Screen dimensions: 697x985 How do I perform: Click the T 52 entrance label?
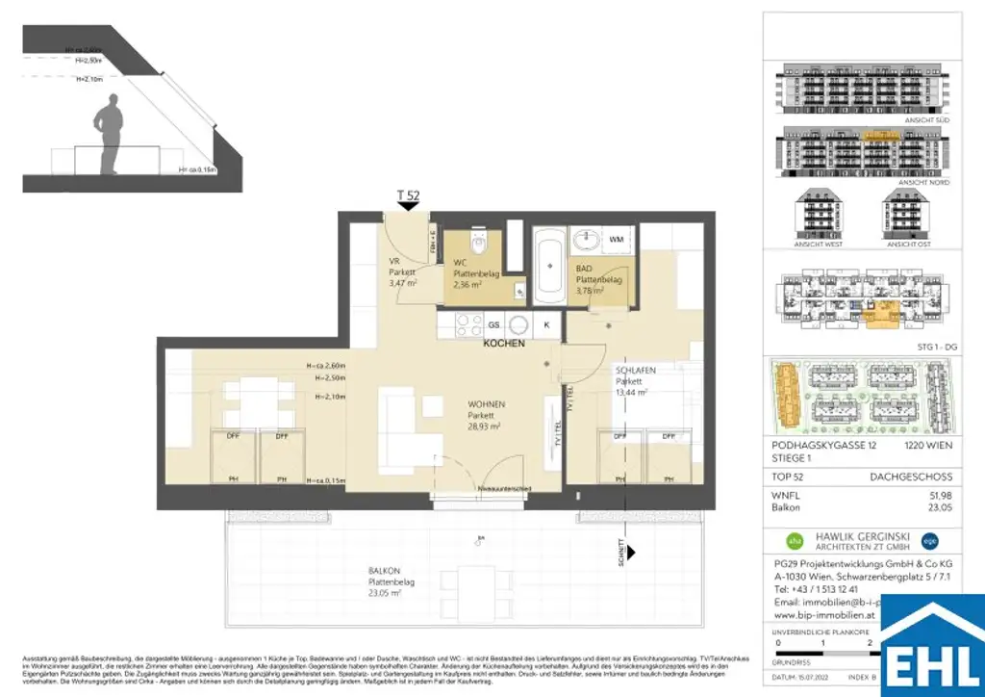pos(408,195)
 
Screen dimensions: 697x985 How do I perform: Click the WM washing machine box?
pos(616,238)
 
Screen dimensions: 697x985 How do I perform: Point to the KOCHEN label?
pos(503,344)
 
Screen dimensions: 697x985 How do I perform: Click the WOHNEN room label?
pos(487,404)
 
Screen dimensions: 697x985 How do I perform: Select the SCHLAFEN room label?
pos(636,370)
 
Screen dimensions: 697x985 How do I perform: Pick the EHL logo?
pos(932,645)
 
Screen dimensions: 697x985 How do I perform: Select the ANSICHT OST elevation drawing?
pos(906,218)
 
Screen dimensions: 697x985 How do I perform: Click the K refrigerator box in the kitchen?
pos(546,325)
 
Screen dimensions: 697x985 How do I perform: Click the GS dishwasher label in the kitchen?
pos(493,325)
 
